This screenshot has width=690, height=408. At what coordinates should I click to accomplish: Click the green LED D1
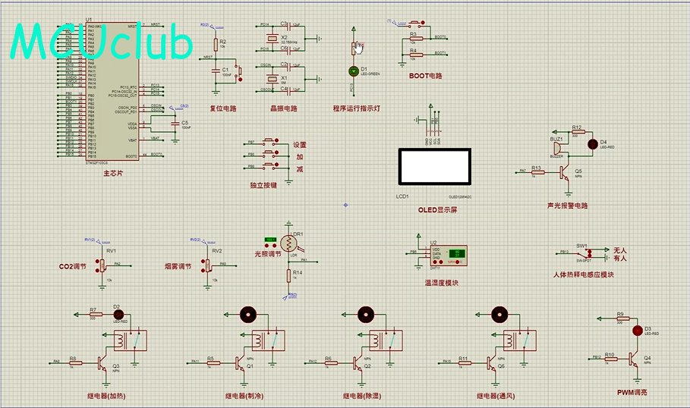coord(353,71)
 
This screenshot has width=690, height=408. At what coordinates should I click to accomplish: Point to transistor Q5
coord(563,173)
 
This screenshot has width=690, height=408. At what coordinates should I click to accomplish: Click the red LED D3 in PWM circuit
coord(638,331)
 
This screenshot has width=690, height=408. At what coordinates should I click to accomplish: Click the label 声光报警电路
coord(567,206)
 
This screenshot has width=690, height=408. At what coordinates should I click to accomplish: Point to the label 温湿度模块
coord(442,283)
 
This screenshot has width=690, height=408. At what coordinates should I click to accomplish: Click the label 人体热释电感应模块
coord(584,275)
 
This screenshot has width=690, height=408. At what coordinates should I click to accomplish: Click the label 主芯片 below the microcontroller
coord(113,173)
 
